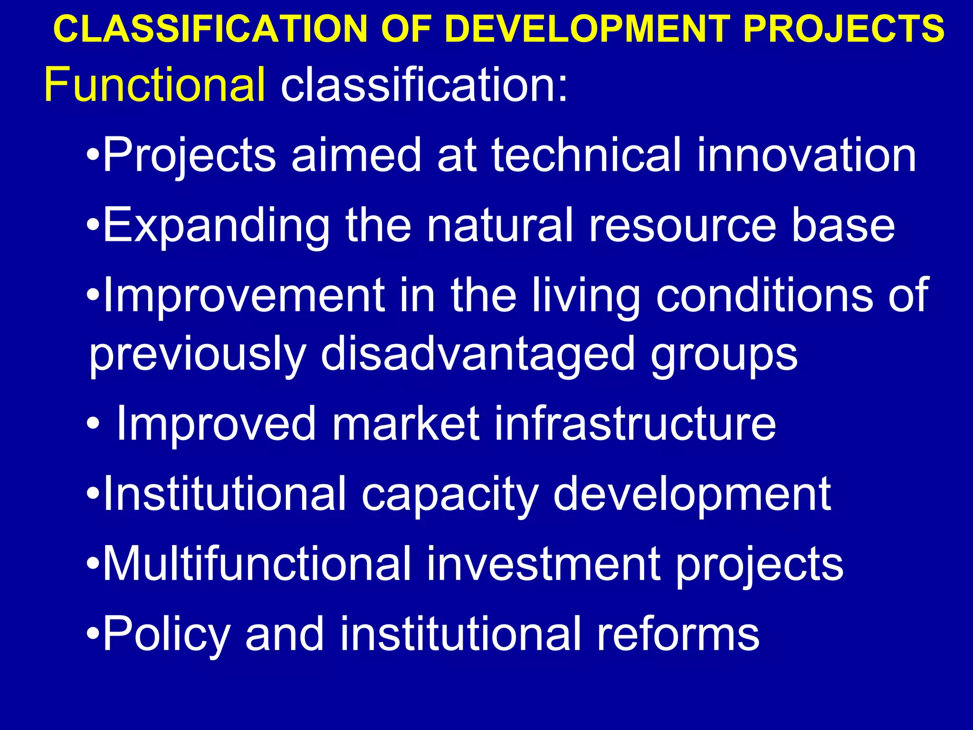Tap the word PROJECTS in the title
coord(844,29)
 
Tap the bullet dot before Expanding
coord(93,226)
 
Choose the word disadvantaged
coord(478,354)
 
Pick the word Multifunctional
coord(257,563)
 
